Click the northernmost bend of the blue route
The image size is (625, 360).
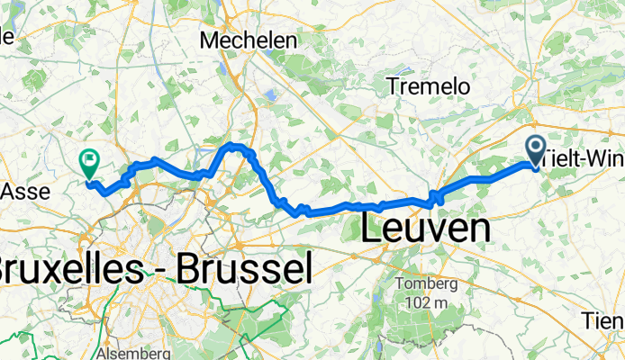click(234, 144)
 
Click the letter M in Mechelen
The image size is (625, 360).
click(211, 40)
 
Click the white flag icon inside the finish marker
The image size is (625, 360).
click(89, 162)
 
